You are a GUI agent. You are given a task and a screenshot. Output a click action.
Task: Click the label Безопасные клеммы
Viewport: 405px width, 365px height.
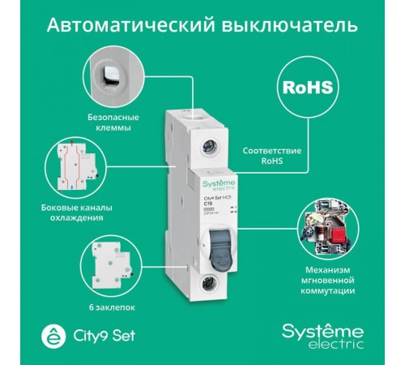point(112,122)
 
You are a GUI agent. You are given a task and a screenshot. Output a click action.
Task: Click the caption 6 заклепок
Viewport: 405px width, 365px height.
point(113,308)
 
